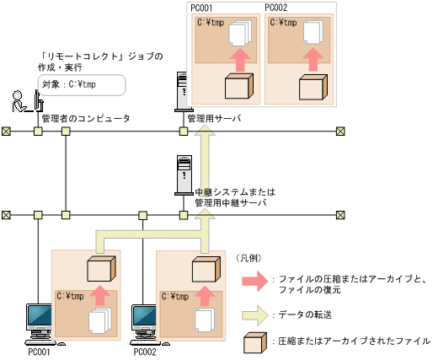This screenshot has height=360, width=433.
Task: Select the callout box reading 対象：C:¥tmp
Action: [x=83, y=84]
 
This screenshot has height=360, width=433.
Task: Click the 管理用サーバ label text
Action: [x=214, y=120]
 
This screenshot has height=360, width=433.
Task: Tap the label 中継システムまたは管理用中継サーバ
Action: [x=234, y=198]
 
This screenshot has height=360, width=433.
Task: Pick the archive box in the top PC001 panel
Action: [x=239, y=87]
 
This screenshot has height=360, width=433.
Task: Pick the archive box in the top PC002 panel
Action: [x=312, y=87]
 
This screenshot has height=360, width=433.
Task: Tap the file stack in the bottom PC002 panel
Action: [x=203, y=319]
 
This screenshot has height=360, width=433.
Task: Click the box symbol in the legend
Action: [x=251, y=341]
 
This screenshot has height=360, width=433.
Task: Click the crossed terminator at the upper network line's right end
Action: [x=340, y=132]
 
